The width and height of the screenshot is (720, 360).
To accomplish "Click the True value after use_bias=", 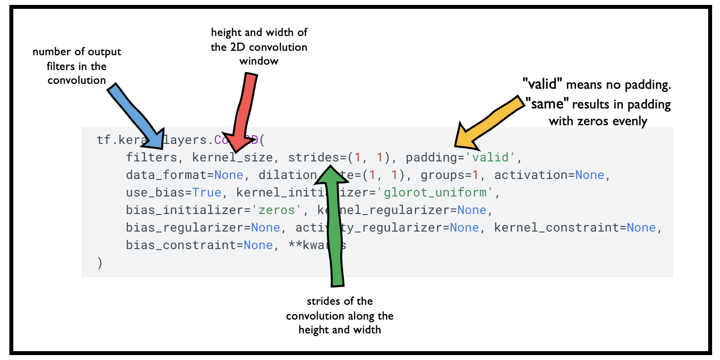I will pyautogui.click(x=207, y=193).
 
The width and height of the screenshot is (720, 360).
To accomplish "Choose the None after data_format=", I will pyautogui.click(x=228, y=175).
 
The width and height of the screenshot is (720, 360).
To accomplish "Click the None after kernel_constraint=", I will pyautogui.click(x=641, y=228).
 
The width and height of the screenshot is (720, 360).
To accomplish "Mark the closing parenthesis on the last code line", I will pyautogui.click(x=100, y=263).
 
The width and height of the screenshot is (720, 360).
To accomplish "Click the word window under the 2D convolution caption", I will pyautogui.click(x=259, y=61).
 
